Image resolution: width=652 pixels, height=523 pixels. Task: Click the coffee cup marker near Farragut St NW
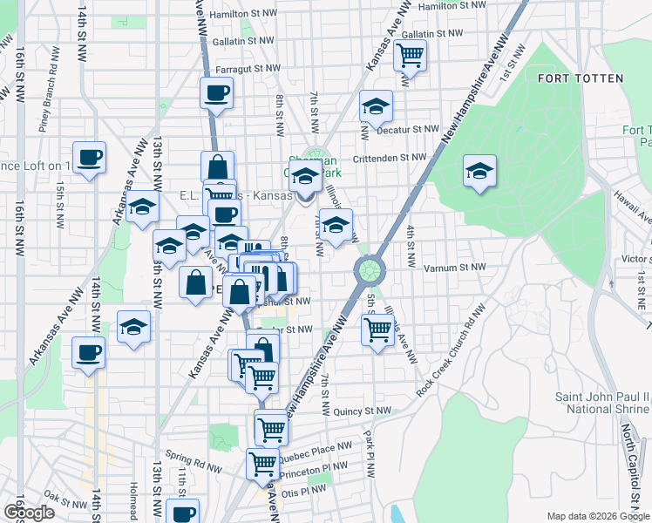click(216, 92)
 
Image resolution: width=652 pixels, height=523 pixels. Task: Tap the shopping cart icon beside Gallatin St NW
click(410, 56)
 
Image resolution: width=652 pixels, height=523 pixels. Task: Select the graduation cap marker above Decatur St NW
click(377, 106)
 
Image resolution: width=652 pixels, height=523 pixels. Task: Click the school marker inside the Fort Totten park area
click(479, 171)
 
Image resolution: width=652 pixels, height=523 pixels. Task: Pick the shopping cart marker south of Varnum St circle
click(377, 330)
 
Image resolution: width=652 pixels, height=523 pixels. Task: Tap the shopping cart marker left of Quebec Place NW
click(271, 427)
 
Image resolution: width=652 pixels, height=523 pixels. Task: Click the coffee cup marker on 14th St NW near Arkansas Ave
click(88, 353)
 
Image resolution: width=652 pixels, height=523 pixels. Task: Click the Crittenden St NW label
click(390, 158)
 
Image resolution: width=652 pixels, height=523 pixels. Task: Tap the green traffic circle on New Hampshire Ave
click(370, 268)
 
